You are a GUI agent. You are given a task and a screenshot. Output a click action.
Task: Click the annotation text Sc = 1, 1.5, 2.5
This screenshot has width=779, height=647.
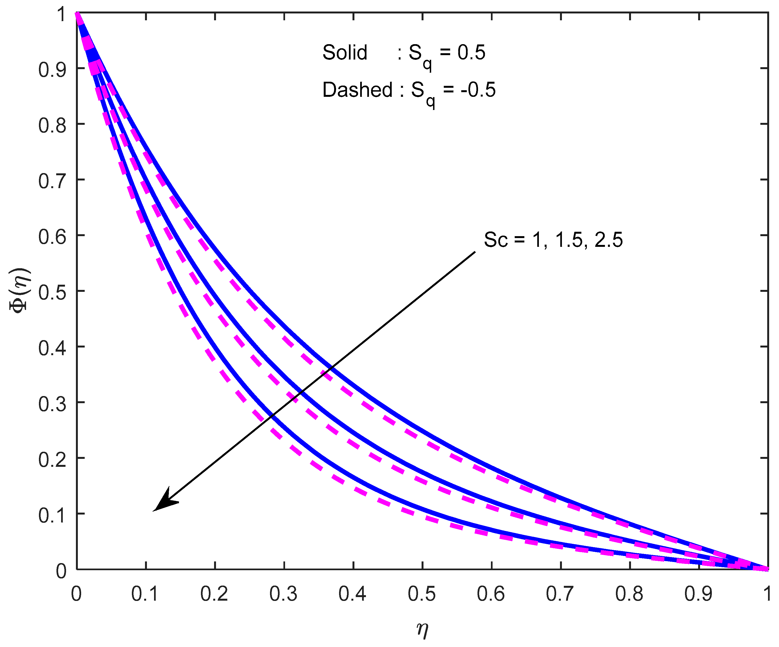[x=553, y=240]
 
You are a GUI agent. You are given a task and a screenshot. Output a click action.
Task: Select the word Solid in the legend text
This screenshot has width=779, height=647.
[x=345, y=52]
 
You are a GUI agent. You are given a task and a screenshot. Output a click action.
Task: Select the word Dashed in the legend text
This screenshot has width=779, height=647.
[x=357, y=90]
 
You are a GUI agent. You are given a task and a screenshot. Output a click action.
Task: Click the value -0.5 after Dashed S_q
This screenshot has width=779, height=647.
[x=478, y=90]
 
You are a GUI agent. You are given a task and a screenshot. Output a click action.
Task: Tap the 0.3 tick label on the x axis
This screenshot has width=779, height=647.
[x=283, y=594]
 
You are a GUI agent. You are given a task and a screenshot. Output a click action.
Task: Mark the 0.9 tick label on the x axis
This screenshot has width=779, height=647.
[x=698, y=594]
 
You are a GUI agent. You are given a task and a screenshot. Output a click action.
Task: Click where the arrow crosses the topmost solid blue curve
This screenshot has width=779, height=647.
[x=331, y=368]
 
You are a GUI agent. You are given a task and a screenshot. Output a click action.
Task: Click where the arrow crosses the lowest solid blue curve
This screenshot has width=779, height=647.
[x=271, y=415]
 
